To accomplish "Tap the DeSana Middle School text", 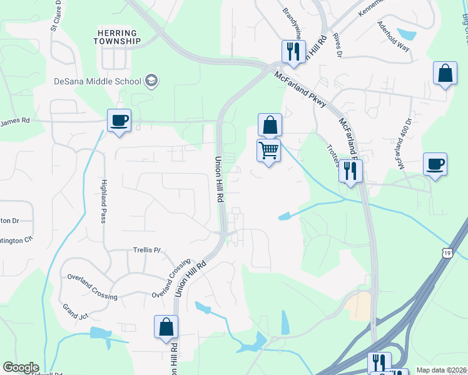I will (x=97, y=81).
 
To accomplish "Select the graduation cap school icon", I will (x=150, y=80).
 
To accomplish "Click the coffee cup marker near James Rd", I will (x=119, y=121).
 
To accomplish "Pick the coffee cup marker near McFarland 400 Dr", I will (x=435, y=164).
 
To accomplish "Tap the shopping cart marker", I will (x=268, y=150).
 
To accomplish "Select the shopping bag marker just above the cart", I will (x=270, y=125).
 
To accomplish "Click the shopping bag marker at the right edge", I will (x=444, y=73).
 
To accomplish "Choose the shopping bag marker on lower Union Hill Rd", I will (x=166, y=327).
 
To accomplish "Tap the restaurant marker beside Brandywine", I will (x=293, y=51).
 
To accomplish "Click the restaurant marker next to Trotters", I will (x=350, y=171).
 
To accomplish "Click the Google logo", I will (x=21, y=367).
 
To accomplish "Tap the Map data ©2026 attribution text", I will (x=442, y=370).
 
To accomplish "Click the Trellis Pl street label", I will (x=148, y=250).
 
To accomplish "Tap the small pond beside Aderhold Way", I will (x=407, y=34).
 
